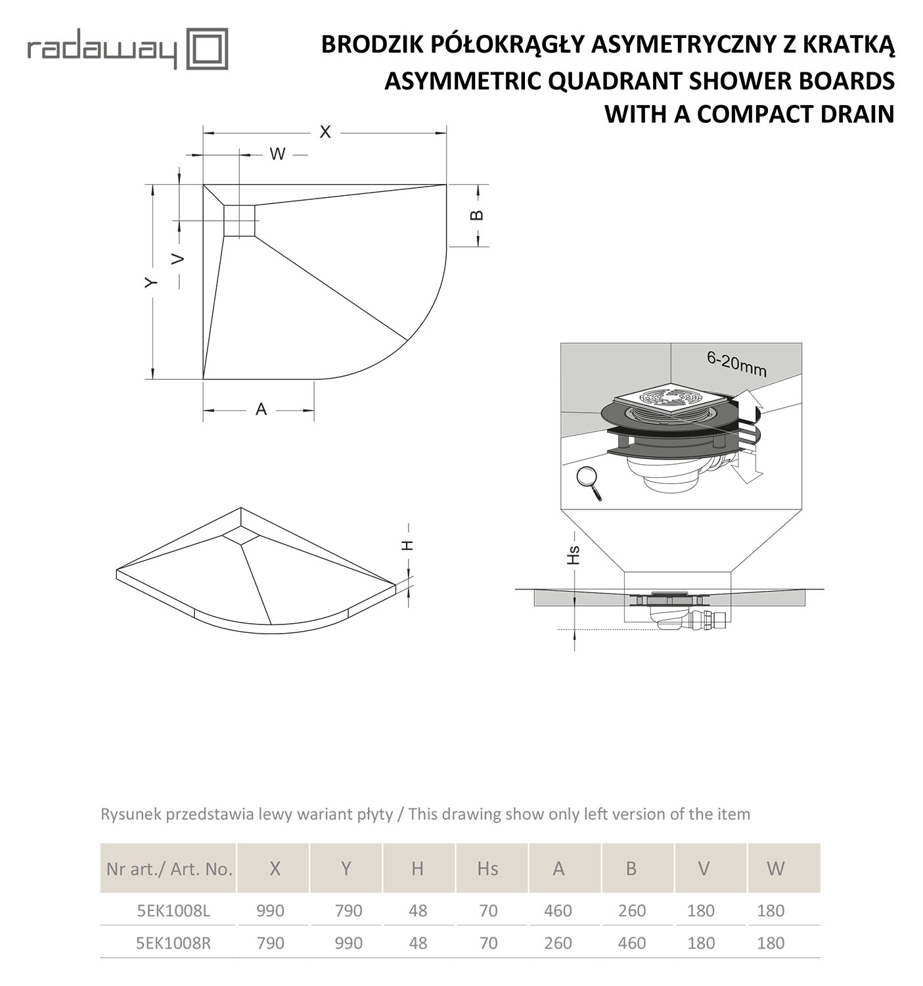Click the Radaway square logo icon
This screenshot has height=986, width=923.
208,49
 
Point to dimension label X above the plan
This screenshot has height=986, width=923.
325,132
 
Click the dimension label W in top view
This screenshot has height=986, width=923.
277,154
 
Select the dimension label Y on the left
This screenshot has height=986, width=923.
152,282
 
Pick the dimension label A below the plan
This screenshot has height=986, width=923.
261,410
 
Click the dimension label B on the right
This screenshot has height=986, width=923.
478,215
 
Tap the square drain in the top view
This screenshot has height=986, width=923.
239,220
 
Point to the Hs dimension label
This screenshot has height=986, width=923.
574,555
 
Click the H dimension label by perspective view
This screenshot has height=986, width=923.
407,545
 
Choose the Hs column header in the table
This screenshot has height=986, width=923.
487,868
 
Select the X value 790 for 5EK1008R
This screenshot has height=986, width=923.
270,943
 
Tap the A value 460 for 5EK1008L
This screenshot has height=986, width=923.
558,910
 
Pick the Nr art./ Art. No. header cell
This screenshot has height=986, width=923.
169,868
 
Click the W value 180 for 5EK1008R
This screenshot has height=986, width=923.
771,943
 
